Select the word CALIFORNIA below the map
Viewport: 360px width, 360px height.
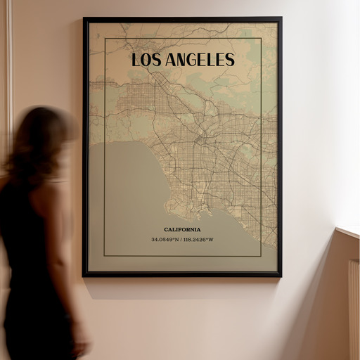click(x=182, y=229)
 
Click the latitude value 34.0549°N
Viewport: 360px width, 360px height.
click(x=164, y=239)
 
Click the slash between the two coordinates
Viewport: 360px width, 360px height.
click(x=181, y=239)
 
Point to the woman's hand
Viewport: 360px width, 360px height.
click(x=80, y=345)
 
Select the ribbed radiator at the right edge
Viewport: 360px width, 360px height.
click(x=353, y=309)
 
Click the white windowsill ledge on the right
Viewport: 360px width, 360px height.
click(x=349, y=231)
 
